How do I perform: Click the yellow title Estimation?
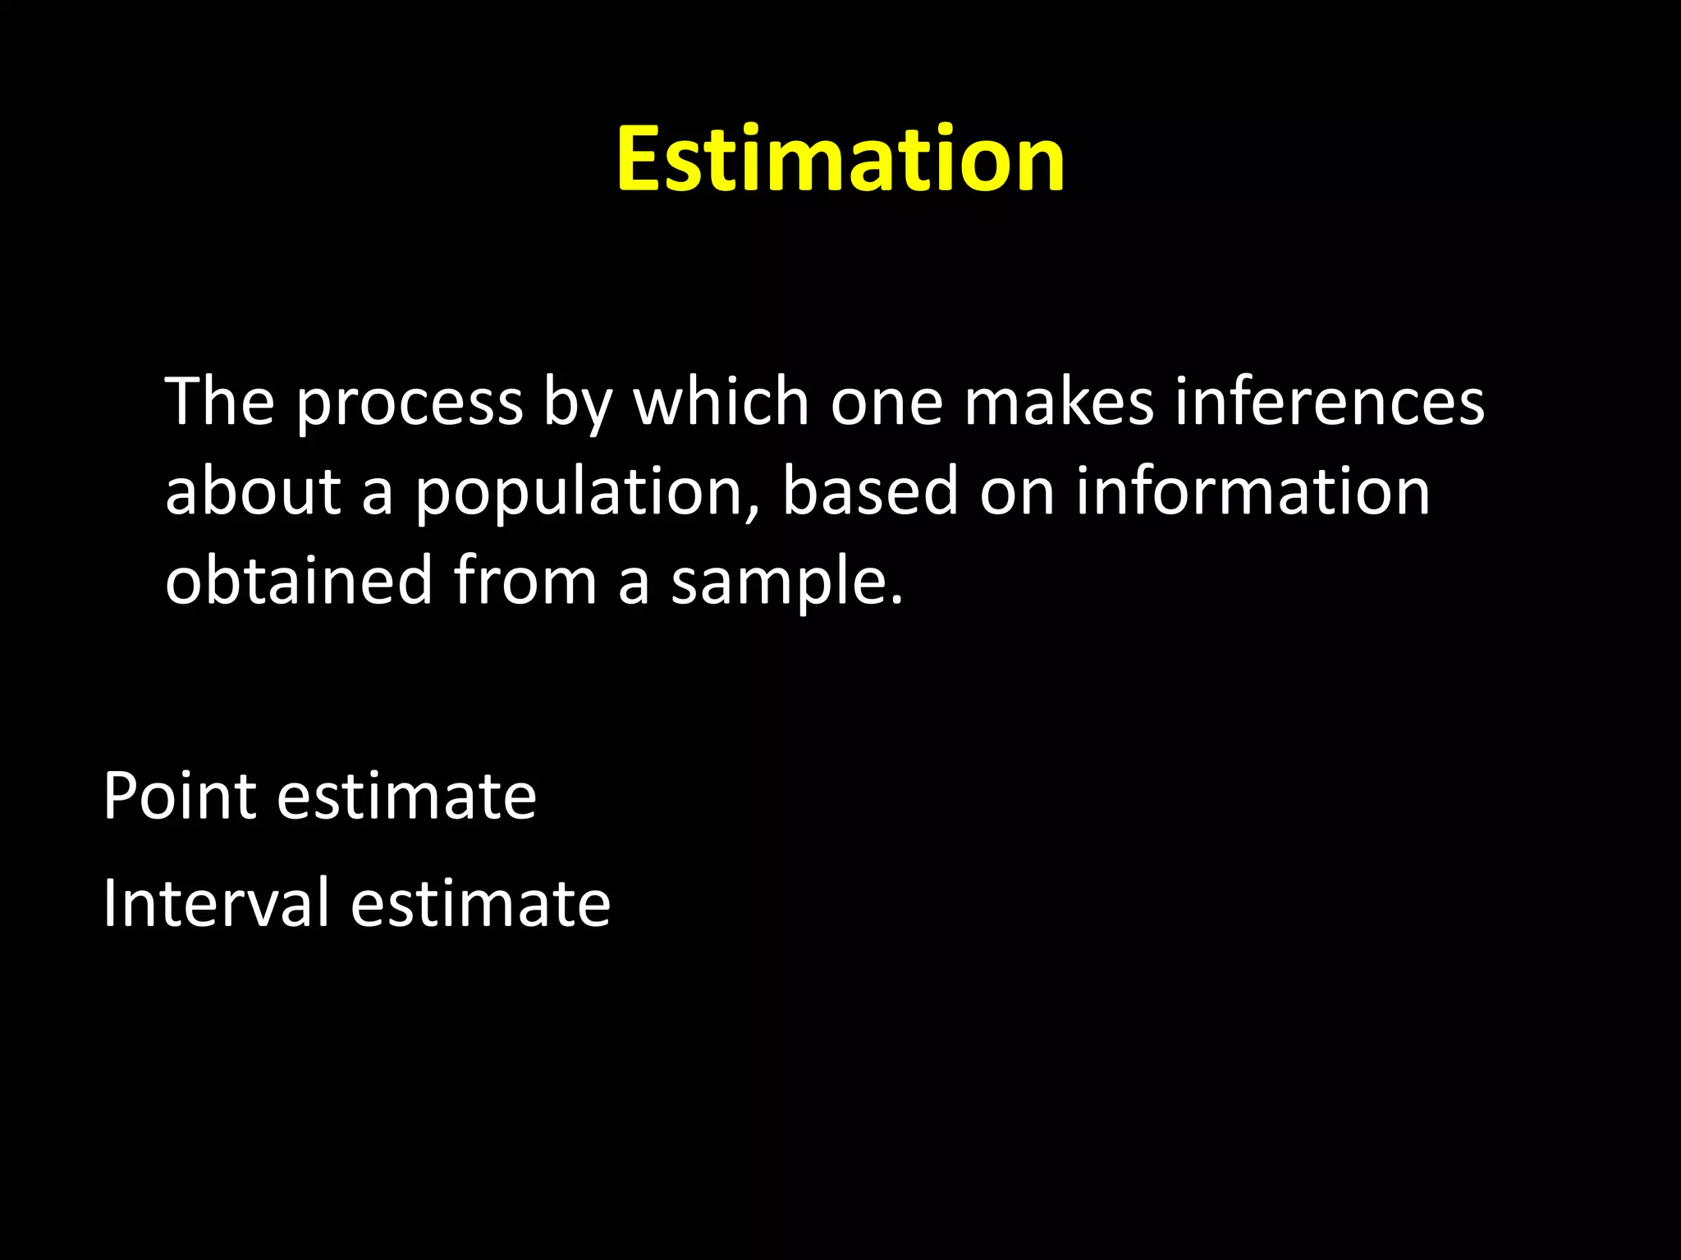point(840,159)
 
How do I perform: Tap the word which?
point(721,402)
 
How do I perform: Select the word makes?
point(1059,402)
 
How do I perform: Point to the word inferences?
point(1330,402)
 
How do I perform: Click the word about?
point(253,491)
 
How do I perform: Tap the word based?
point(870,491)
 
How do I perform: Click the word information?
point(1253,491)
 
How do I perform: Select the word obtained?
point(299,580)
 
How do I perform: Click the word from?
point(525,580)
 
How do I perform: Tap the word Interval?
point(216,902)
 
